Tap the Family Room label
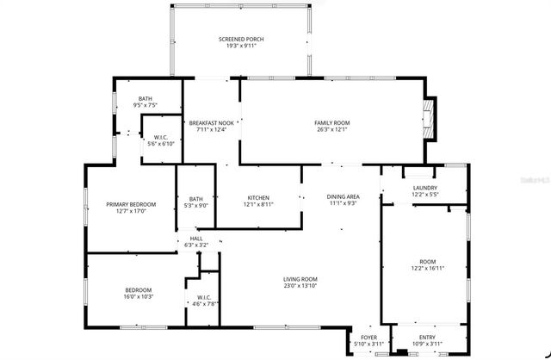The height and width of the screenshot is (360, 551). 331,123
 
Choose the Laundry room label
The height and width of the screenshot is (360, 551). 424,188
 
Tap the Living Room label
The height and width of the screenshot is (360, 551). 300,279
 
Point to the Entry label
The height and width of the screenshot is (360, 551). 427,337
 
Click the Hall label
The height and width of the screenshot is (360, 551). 196,239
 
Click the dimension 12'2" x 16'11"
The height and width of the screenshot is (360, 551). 428,268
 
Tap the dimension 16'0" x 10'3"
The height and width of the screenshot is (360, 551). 139,296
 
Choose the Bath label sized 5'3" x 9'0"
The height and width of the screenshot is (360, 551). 196,205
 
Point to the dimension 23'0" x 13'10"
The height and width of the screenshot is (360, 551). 300,286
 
